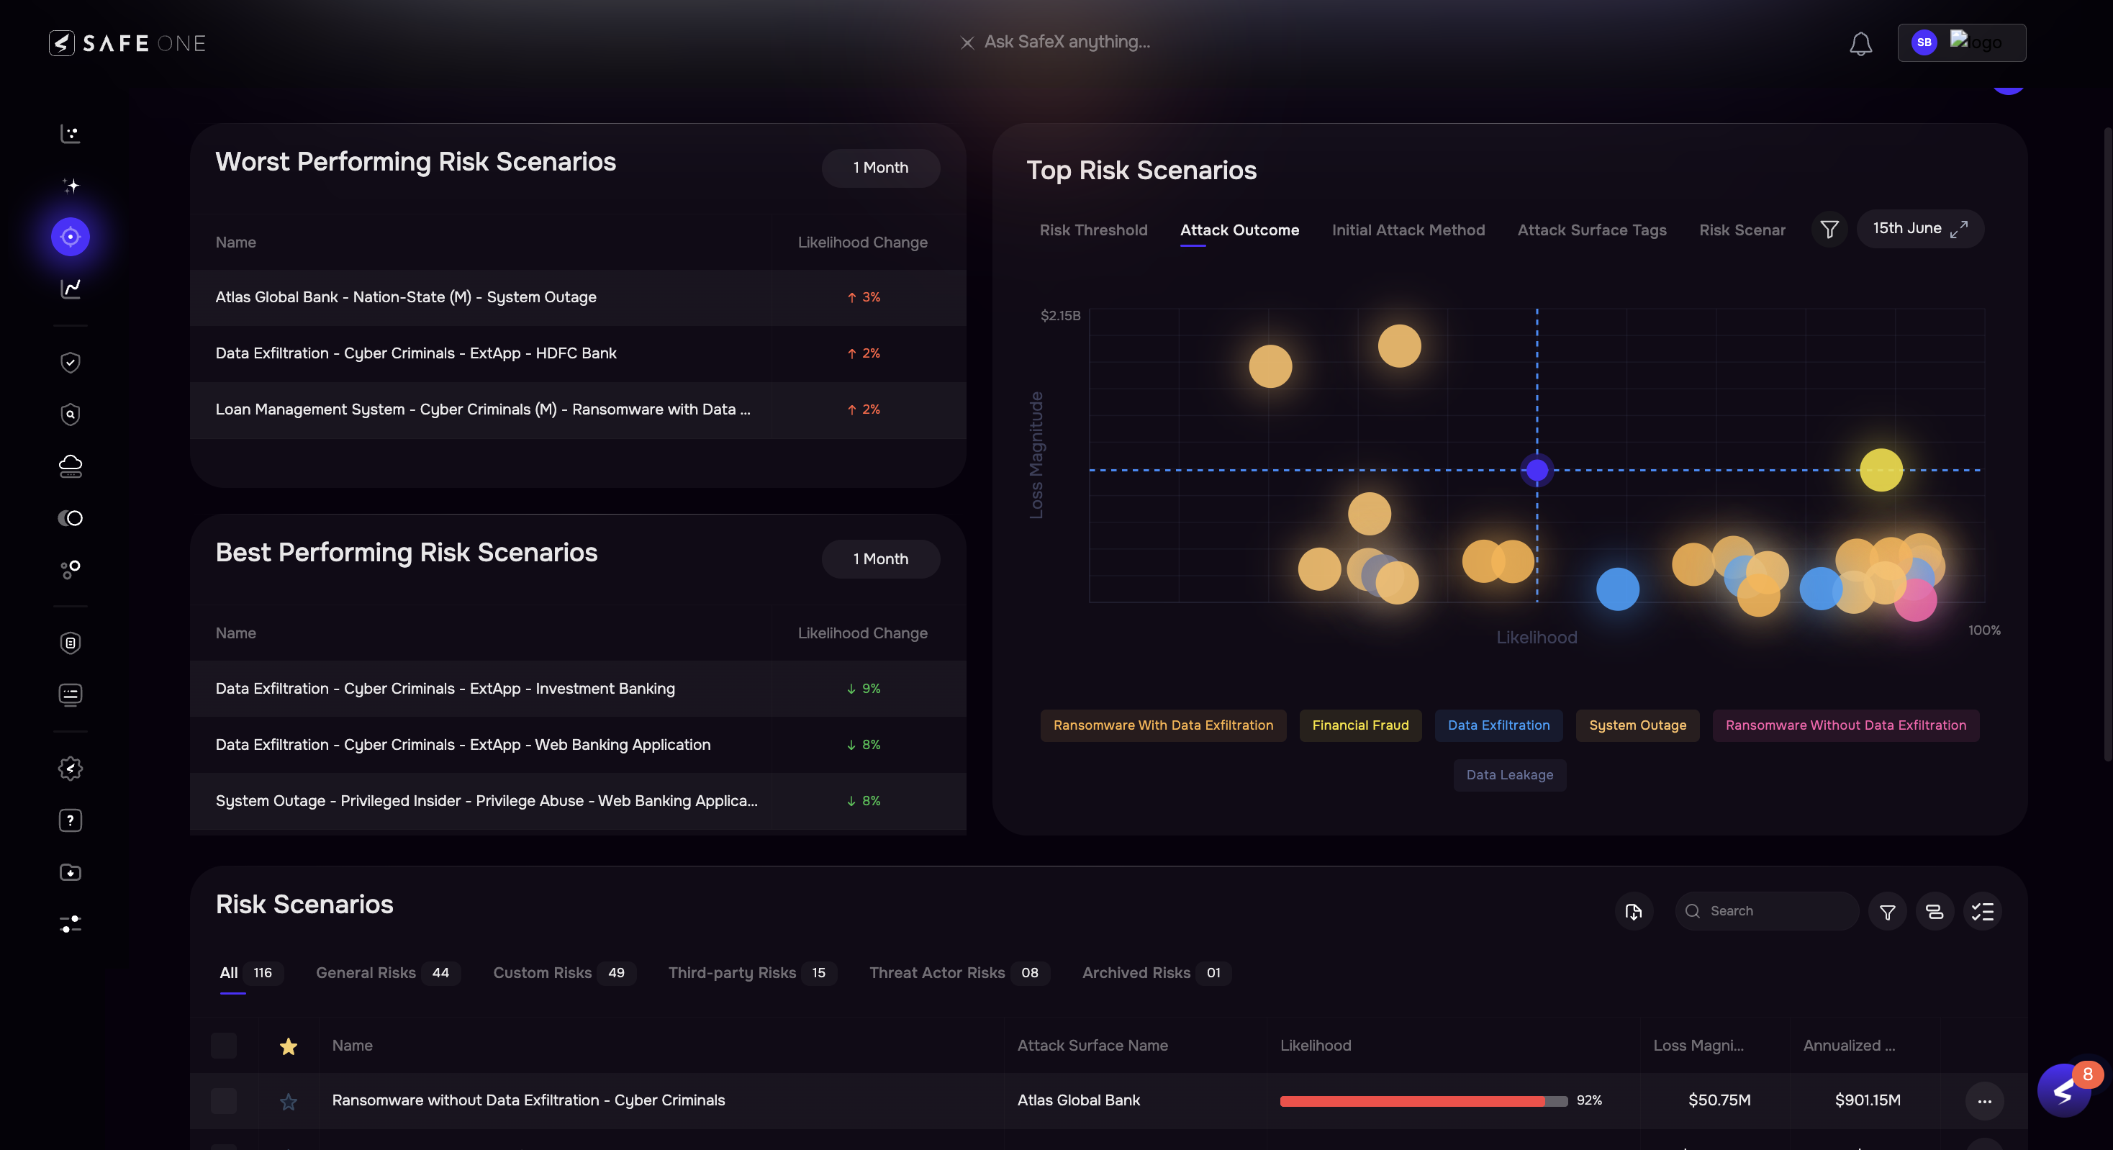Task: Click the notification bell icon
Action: pyautogui.click(x=1860, y=43)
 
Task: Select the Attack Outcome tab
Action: pyautogui.click(x=1239, y=230)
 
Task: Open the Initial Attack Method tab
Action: pyautogui.click(x=1408, y=230)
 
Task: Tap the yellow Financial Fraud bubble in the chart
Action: pyautogui.click(x=1880, y=470)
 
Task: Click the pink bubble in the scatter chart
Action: pyautogui.click(x=1916, y=600)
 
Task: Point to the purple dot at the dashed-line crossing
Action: pyautogui.click(x=1537, y=470)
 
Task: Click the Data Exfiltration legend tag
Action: pyautogui.click(x=1498, y=725)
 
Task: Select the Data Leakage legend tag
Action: pyautogui.click(x=1509, y=775)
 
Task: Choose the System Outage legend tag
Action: pyautogui.click(x=1637, y=725)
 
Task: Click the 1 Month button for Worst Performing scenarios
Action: pyautogui.click(x=880, y=168)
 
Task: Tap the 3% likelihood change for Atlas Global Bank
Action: pyautogui.click(x=864, y=297)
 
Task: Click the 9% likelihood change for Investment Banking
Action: pyautogui.click(x=864, y=688)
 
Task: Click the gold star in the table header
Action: pyautogui.click(x=288, y=1046)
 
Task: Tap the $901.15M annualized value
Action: pyautogui.click(x=1867, y=1100)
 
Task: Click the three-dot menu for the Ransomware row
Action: pyautogui.click(x=1984, y=1101)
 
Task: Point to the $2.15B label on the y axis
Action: pyautogui.click(x=1060, y=316)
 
